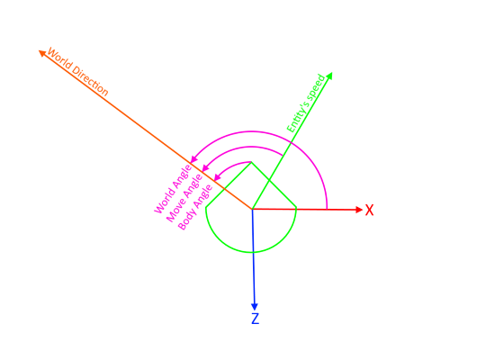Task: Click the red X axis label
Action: coord(369,210)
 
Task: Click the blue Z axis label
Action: coord(256,319)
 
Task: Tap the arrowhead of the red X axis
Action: coord(359,210)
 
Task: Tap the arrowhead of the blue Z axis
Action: coord(255,307)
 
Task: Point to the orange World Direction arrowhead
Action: coord(42,53)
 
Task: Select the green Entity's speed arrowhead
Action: coord(328,76)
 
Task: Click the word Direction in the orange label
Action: coord(90,82)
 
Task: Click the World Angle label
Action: coord(173,189)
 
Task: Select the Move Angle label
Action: coord(184,198)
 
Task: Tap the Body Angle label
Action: coord(195,207)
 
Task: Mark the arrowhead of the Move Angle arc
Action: coord(205,167)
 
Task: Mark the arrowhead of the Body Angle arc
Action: coord(217,177)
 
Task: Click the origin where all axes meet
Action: coord(252,209)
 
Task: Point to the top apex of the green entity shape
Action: coord(251,162)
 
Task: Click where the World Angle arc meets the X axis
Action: coord(327,209)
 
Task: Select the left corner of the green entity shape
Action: coord(206,207)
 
